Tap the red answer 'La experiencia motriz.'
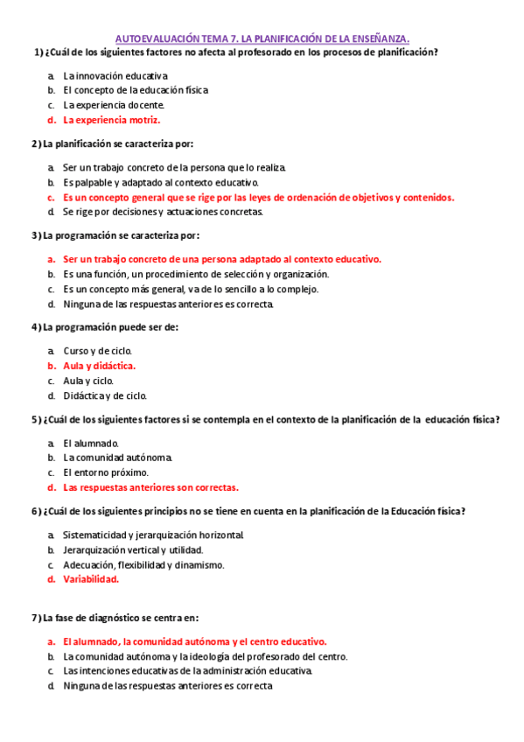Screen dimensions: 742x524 pyautogui.click(x=111, y=120)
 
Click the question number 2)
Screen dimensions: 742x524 pyautogui.click(x=36, y=143)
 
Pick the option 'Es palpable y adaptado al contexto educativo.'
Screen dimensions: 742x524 pyautogui.click(x=161, y=182)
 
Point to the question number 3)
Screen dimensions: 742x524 pyautogui.click(x=36, y=235)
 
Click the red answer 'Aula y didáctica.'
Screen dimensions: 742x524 pyautogui.click(x=99, y=366)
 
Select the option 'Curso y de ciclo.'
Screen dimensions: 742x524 pyautogui.click(x=97, y=351)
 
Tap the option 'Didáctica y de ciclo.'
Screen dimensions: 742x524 pyautogui.click(x=105, y=395)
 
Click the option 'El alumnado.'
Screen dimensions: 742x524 pyautogui.click(x=90, y=443)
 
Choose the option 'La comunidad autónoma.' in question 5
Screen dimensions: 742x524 pyautogui.click(x=117, y=458)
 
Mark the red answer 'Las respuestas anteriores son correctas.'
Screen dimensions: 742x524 pyautogui.click(x=150, y=487)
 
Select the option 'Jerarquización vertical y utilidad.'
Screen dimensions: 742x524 pyautogui.click(x=133, y=549)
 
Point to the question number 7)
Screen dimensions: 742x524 pyautogui.click(x=36, y=618)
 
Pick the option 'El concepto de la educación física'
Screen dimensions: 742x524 pyautogui.click(x=136, y=90)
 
